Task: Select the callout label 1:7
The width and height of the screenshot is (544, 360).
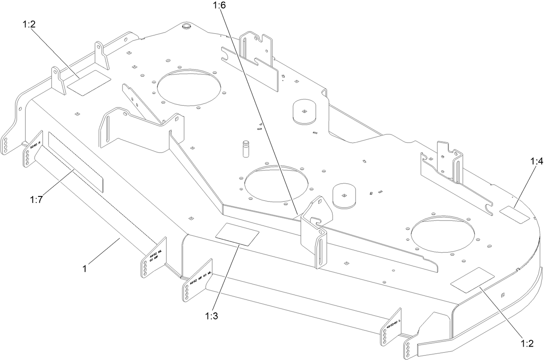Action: (x=36, y=199)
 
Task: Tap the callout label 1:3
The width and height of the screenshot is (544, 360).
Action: (x=211, y=315)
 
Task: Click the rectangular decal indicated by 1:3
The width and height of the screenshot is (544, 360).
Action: (x=237, y=235)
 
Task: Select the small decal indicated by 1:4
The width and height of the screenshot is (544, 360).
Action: (x=514, y=215)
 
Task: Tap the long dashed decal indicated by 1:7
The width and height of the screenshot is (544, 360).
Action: (x=76, y=162)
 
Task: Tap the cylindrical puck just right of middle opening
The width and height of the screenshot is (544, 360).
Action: (x=344, y=197)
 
